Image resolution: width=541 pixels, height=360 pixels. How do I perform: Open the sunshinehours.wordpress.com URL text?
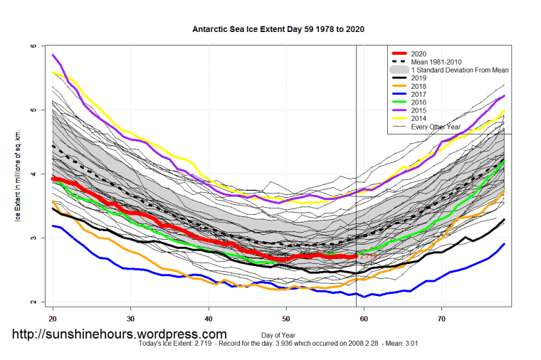pos(119,334)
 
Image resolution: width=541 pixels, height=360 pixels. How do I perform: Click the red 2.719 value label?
pos(367,255)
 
